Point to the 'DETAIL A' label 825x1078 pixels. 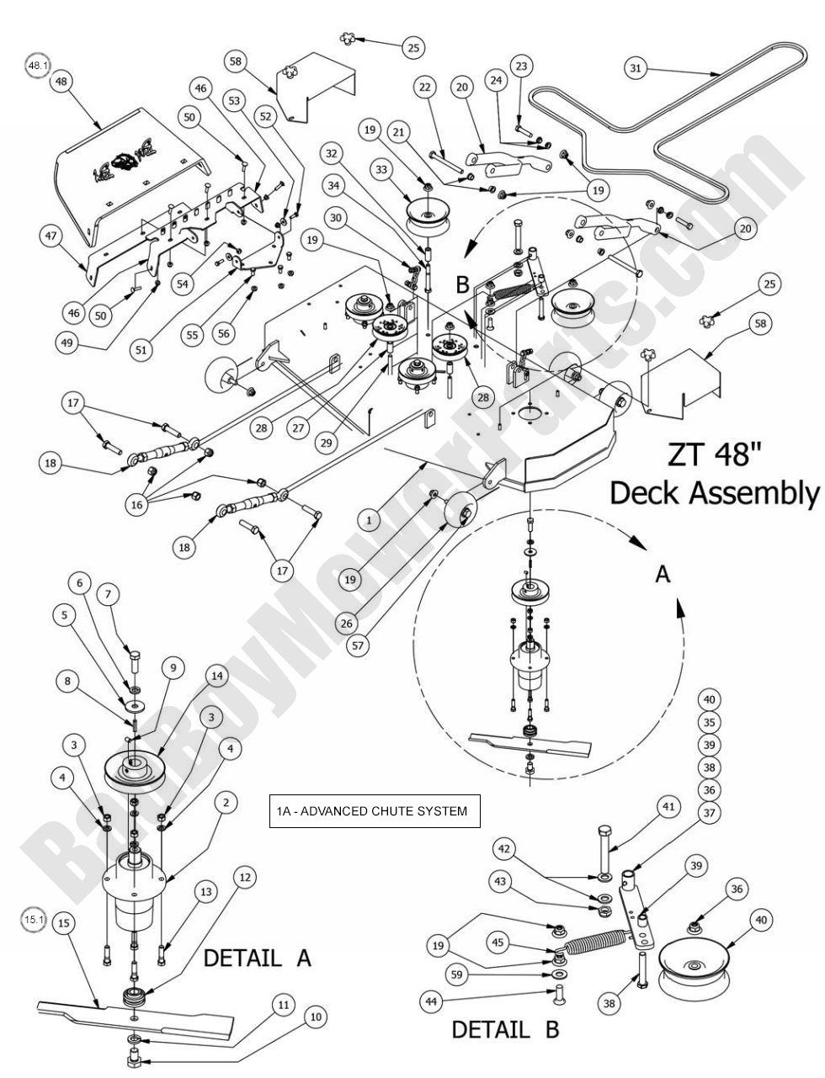tap(257, 957)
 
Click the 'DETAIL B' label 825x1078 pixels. tap(505, 1028)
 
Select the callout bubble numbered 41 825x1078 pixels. tap(668, 806)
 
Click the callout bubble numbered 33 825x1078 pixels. tap(381, 171)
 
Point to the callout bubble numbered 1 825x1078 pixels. tap(369, 521)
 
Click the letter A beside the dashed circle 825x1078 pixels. tap(662, 575)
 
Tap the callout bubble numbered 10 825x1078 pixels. tap(315, 1017)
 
